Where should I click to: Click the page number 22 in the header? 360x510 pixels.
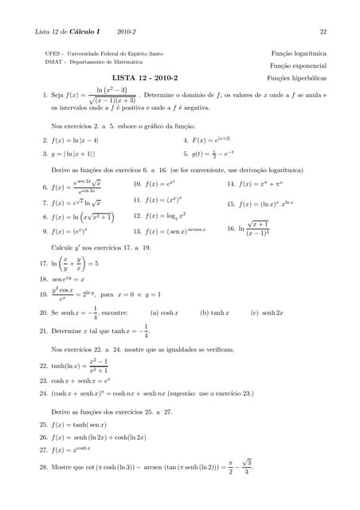click(323, 32)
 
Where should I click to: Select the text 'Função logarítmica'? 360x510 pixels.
click(299, 53)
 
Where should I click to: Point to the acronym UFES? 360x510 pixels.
click(53, 53)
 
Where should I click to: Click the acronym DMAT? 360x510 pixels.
click(54, 61)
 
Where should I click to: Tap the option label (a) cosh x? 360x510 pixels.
click(165, 313)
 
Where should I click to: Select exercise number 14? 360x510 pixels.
click(232, 184)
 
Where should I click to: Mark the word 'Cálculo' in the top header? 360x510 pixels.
click(84, 32)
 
